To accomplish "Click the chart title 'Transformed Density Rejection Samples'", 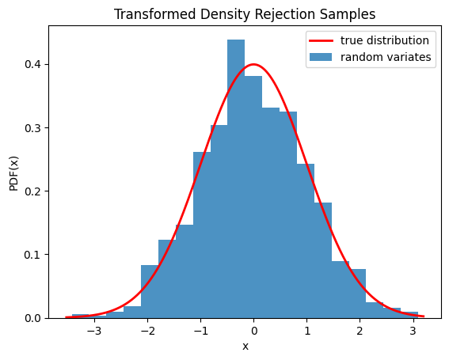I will pos(245,14).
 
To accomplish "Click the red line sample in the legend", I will pos(320,40).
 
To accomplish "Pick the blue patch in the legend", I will pos(320,57).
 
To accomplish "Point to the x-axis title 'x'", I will pos(245,347).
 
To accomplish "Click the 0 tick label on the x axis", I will pos(253,330).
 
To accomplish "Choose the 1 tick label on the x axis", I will pos(306,330).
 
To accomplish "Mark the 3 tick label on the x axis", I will pos(413,330).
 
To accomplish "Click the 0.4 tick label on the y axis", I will pos(31,64).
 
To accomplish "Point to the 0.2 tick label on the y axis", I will pos(31,191).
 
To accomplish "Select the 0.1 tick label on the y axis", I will pos(31,255).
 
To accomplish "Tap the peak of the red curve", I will pos(253,64).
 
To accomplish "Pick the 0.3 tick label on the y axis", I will pos(31,127).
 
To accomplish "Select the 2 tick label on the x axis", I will pos(360,330).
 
